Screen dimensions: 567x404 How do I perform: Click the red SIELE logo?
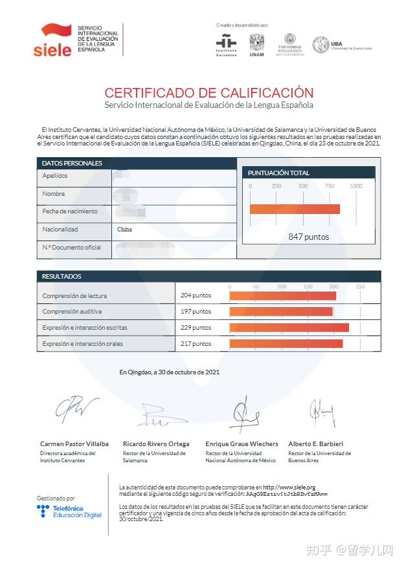click(x=52, y=40)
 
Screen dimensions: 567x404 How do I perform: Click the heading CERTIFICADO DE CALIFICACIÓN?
click(x=208, y=93)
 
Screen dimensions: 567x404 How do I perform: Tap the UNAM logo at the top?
click(x=257, y=45)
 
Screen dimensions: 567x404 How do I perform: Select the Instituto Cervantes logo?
click(x=225, y=45)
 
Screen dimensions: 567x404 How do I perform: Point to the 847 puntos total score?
click(x=308, y=237)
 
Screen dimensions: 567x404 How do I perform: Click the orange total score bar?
click(x=295, y=209)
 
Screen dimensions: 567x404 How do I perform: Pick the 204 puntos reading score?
click(x=196, y=295)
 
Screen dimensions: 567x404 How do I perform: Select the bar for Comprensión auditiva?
click(x=280, y=312)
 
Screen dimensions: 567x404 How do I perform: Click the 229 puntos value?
click(x=196, y=327)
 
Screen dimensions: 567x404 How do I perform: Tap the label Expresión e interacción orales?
click(x=82, y=343)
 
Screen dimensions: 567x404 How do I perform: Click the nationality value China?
click(x=124, y=230)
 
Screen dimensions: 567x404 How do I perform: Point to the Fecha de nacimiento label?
click(x=70, y=211)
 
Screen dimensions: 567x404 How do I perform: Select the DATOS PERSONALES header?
click(x=72, y=163)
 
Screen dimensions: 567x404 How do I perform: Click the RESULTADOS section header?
click(x=62, y=276)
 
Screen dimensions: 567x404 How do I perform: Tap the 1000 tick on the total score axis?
click(x=355, y=186)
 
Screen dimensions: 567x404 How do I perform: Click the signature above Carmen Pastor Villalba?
click(x=76, y=410)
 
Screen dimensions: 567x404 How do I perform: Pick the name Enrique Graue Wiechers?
click(x=241, y=444)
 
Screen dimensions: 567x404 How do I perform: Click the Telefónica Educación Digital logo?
click(x=69, y=511)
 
